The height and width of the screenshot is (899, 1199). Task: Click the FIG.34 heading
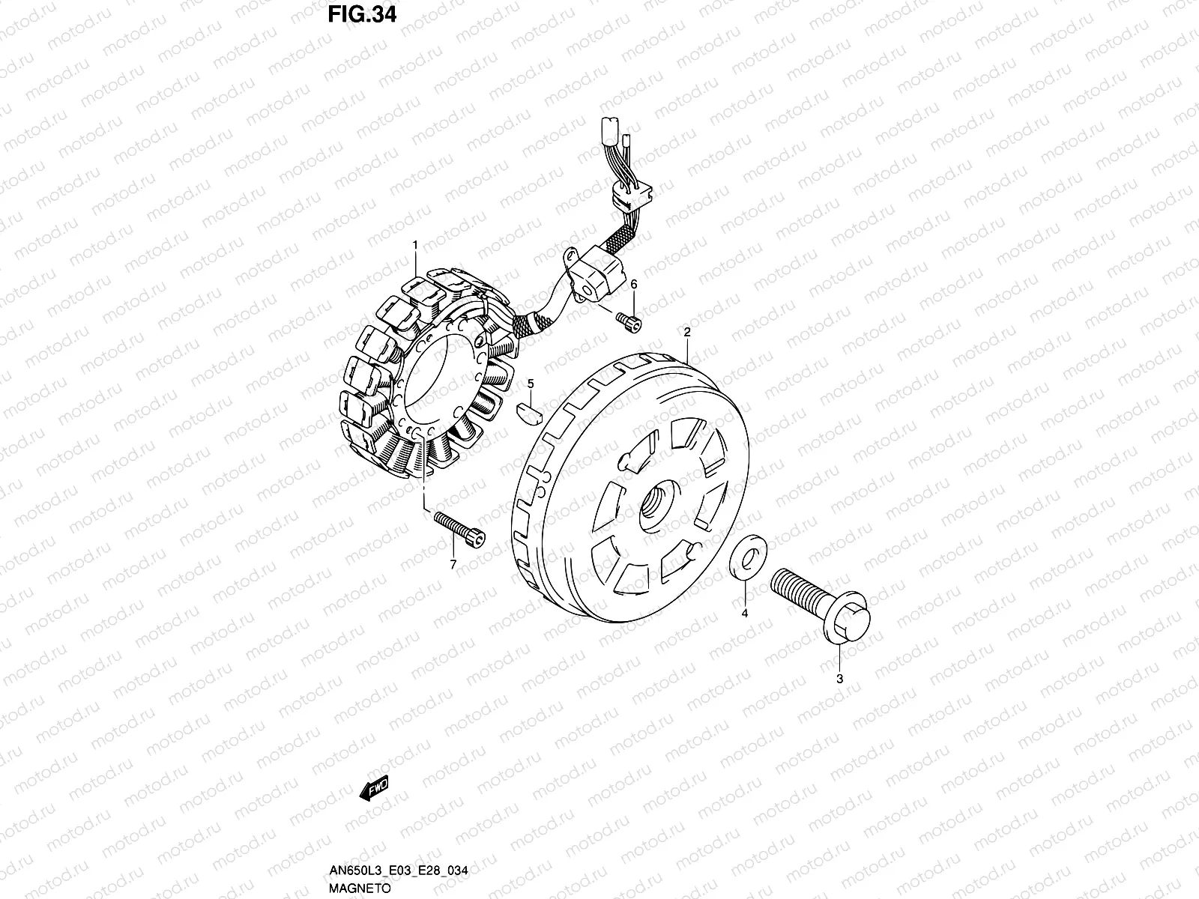(362, 14)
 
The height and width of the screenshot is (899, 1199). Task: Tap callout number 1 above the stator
(415, 245)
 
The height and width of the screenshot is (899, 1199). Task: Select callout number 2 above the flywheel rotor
(687, 331)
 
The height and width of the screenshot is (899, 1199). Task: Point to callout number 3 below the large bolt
(839, 679)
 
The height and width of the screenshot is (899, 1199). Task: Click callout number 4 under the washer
(745, 614)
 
